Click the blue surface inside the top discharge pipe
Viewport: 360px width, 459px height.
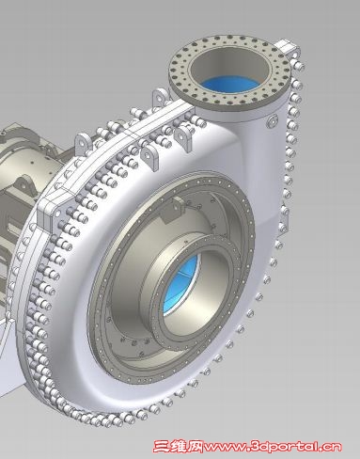(x=230, y=84)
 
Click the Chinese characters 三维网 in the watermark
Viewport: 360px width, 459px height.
(x=178, y=446)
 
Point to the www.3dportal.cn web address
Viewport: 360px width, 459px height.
(x=273, y=447)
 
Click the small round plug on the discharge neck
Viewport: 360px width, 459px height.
(x=272, y=120)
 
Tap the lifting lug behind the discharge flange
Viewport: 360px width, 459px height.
(x=289, y=46)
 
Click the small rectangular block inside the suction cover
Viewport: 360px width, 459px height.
(x=173, y=210)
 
